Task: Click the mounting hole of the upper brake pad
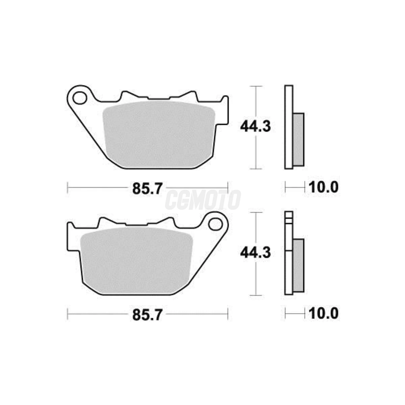(x=80, y=98)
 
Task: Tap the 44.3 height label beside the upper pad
(x=255, y=127)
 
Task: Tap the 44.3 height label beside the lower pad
(x=255, y=253)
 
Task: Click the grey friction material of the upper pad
(x=159, y=134)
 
